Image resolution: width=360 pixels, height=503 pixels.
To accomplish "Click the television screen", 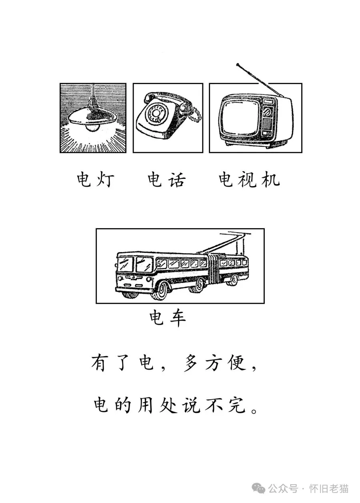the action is (239, 116).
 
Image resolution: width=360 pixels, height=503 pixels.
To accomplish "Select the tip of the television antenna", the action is (238, 65).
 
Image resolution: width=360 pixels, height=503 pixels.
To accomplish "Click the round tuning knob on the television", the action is (268, 112).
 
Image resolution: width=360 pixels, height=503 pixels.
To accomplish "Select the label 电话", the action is (166, 179).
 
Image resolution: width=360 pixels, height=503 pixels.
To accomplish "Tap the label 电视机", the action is (249, 179).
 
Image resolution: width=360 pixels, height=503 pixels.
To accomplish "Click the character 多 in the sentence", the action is (190, 363).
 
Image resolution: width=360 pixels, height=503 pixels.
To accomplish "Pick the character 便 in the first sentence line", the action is (236, 363).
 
